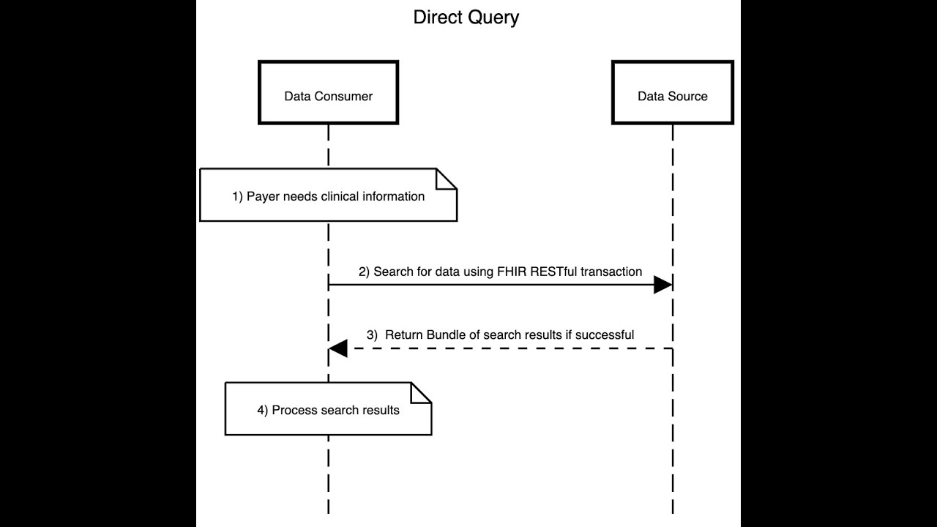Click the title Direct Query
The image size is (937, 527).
466,17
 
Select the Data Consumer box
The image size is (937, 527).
328,92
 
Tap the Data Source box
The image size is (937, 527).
672,92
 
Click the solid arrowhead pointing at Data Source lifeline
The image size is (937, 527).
662,285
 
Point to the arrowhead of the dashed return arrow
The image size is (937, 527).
338,348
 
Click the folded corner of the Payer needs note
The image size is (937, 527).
447,179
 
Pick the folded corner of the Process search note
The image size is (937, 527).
421,392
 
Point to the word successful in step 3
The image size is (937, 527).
604,334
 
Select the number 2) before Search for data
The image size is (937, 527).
364,272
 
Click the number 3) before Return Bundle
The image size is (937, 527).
372,334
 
